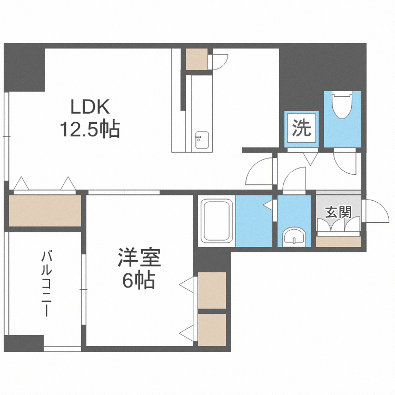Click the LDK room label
(90, 107)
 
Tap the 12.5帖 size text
(90, 129)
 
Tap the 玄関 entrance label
(338, 212)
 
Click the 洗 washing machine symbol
(302, 129)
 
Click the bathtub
(216, 221)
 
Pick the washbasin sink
(293, 237)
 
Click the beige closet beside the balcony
(44, 211)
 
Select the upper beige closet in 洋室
(212, 290)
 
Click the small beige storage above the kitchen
(197, 58)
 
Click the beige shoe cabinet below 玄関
(338, 242)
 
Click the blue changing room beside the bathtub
(253, 221)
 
